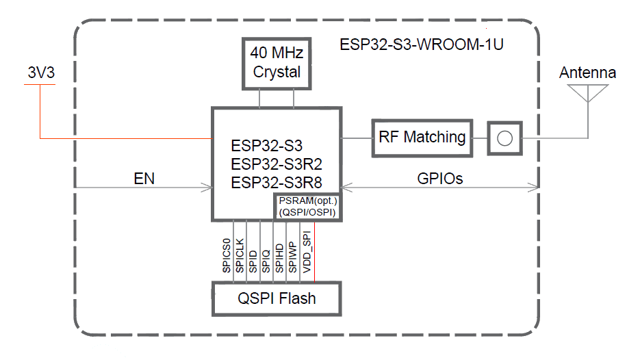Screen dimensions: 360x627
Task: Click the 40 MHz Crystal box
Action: (x=277, y=64)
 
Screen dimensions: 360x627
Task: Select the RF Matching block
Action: (x=422, y=137)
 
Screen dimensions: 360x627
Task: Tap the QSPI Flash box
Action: (x=277, y=298)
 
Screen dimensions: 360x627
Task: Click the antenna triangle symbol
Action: (x=588, y=92)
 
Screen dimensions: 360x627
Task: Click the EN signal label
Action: (x=144, y=179)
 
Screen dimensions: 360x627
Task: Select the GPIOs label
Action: (x=440, y=179)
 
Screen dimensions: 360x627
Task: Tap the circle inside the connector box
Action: (x=504, y=138)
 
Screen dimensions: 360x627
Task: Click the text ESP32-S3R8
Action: (x=277, y=183)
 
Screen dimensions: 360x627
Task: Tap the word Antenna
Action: (x=587, y=73)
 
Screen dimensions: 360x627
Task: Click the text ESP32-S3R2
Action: (x=277, y=164)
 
